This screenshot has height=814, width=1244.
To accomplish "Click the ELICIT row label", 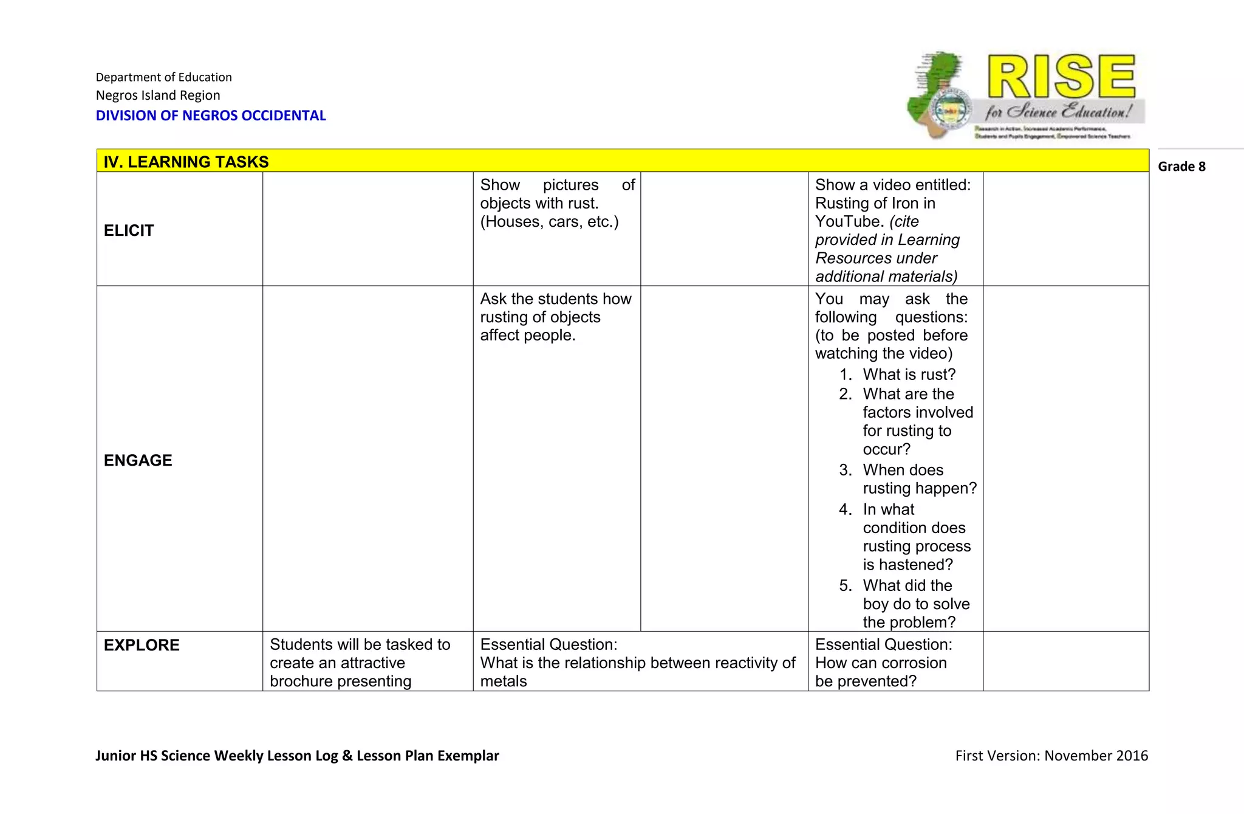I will click(129, 230).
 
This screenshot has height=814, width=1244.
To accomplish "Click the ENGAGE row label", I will click(138, 460).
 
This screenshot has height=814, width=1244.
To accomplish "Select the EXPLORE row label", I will click(142, 645).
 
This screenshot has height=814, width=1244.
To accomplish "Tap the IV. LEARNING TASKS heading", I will click(186, 162).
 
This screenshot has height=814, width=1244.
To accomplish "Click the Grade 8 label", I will click(1181, 167).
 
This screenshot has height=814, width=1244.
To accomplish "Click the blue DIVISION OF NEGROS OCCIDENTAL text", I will click(211, 116).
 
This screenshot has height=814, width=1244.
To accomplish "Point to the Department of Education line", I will click(163, 77).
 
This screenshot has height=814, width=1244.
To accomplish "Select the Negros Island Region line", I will click(158, 95).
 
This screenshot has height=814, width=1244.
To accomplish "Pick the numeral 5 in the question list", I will click(845, 585).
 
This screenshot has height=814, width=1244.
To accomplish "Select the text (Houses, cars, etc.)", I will click(549, 222).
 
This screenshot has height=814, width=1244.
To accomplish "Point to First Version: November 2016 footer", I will click(1051, 756).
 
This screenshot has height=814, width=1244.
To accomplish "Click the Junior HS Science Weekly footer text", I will click(297, 756).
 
